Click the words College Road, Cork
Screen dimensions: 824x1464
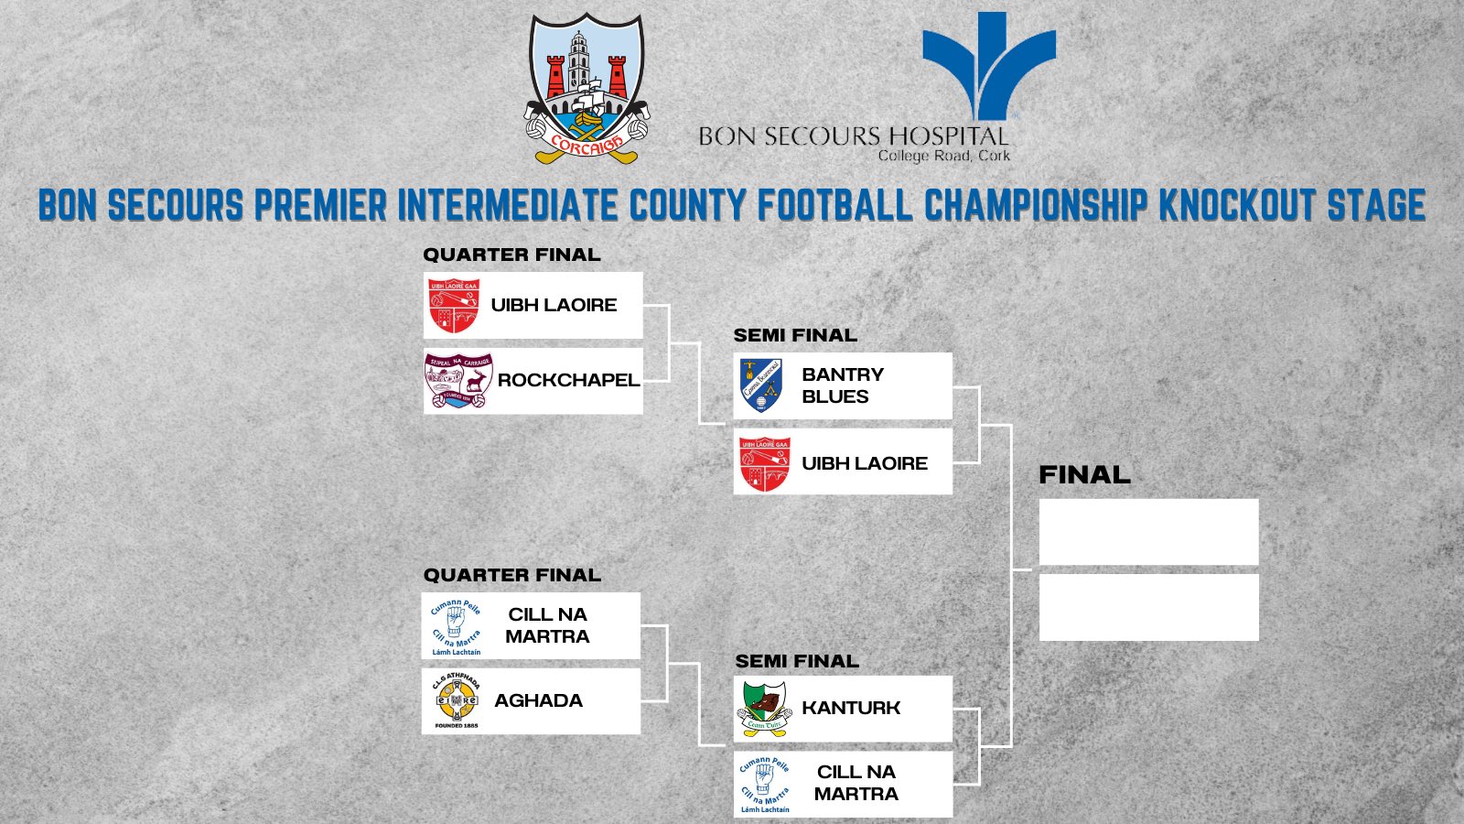943,156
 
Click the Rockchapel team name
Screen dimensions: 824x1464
567,380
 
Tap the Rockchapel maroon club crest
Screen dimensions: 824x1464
458,381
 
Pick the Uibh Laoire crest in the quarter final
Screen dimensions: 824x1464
454,306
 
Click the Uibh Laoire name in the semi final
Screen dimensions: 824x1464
864,463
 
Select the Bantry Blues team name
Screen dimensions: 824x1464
842,385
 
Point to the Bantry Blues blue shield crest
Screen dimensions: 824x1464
761,385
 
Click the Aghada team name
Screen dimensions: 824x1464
538,700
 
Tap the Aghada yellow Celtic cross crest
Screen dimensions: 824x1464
456,700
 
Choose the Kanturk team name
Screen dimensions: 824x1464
850,708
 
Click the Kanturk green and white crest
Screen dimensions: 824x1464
765,708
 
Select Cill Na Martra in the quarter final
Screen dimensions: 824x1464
547,625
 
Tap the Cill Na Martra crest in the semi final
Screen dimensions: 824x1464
765,785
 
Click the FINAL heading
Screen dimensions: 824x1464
1084,474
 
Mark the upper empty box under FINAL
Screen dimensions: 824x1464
1148,532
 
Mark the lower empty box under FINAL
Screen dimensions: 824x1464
1148,607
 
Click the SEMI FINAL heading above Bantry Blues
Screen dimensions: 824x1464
795,335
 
